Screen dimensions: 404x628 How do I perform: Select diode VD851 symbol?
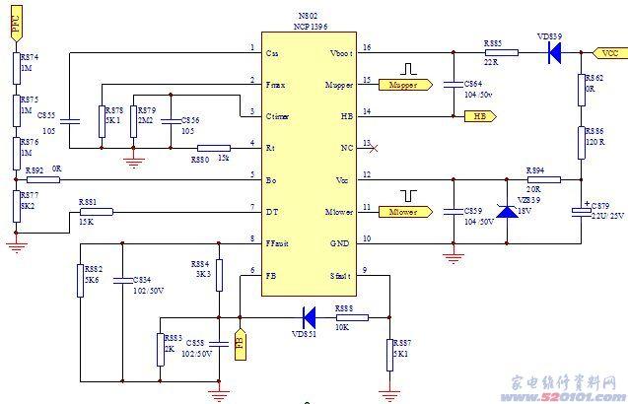coord(309,317)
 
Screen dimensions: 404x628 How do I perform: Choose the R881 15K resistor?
coord(96,211)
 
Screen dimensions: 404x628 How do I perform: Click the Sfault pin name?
coord(340,275)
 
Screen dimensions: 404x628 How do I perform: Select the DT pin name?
coord(271,211)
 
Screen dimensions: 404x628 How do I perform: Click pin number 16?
coord(367,46)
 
